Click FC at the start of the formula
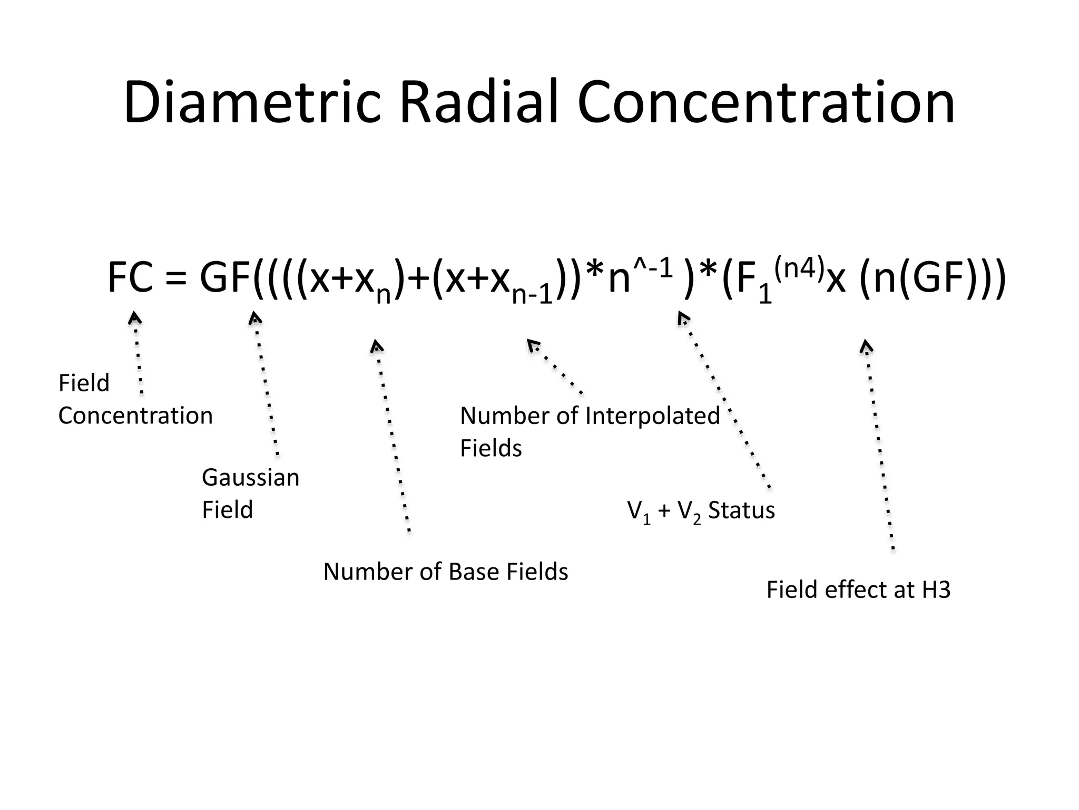[x=130, y=278]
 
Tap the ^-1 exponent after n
[x=653, y=269]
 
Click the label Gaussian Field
[x=250, y=493]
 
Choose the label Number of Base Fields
[x=446, y=572]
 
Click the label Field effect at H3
[x=858, y=590]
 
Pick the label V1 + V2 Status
[x=701, y=510]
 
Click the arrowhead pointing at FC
[x=135, y=317]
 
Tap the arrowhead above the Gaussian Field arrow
[x=255, y=317]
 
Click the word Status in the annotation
[x=741, y=510]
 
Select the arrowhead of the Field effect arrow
[x=866, y=346]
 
